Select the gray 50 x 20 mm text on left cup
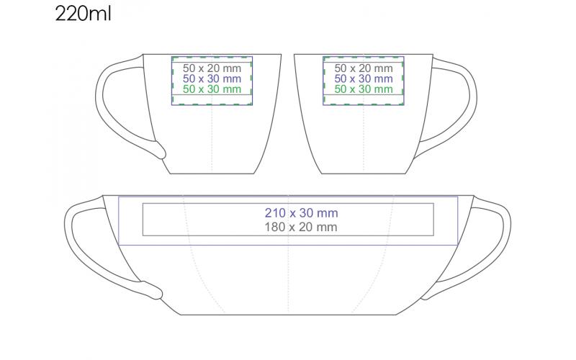pyautogui.click(x=212, y=68)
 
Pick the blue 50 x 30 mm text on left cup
pyautogui.click(x=212, y=78)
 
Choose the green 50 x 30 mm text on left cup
pyautogui.click(x=212, y=89)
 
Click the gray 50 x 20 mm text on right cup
pyautogui.click(x=364, y=68)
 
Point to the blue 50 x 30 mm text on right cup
pyautogui.click(x=364, y=78)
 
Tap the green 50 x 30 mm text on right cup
pyautogui.click(x=364, y=89)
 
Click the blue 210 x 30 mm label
pyautogui.click(x=301, y=213)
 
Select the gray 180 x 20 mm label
pyautogui.click(x=301, y=227)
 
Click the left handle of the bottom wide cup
pyautogui.click(x=79, y=238)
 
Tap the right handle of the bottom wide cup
pyautogui.click(x=497, y=238)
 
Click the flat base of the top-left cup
pyautogui.click(x=212, y=173)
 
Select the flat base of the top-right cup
pyautogui.click(x=364, y=173)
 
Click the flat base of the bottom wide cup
pyautogui.click(x=288, y=315)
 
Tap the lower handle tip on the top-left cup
pyautogui.click(x=161, y=152)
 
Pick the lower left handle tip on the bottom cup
pyautogui.click(x=153, y=292)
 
